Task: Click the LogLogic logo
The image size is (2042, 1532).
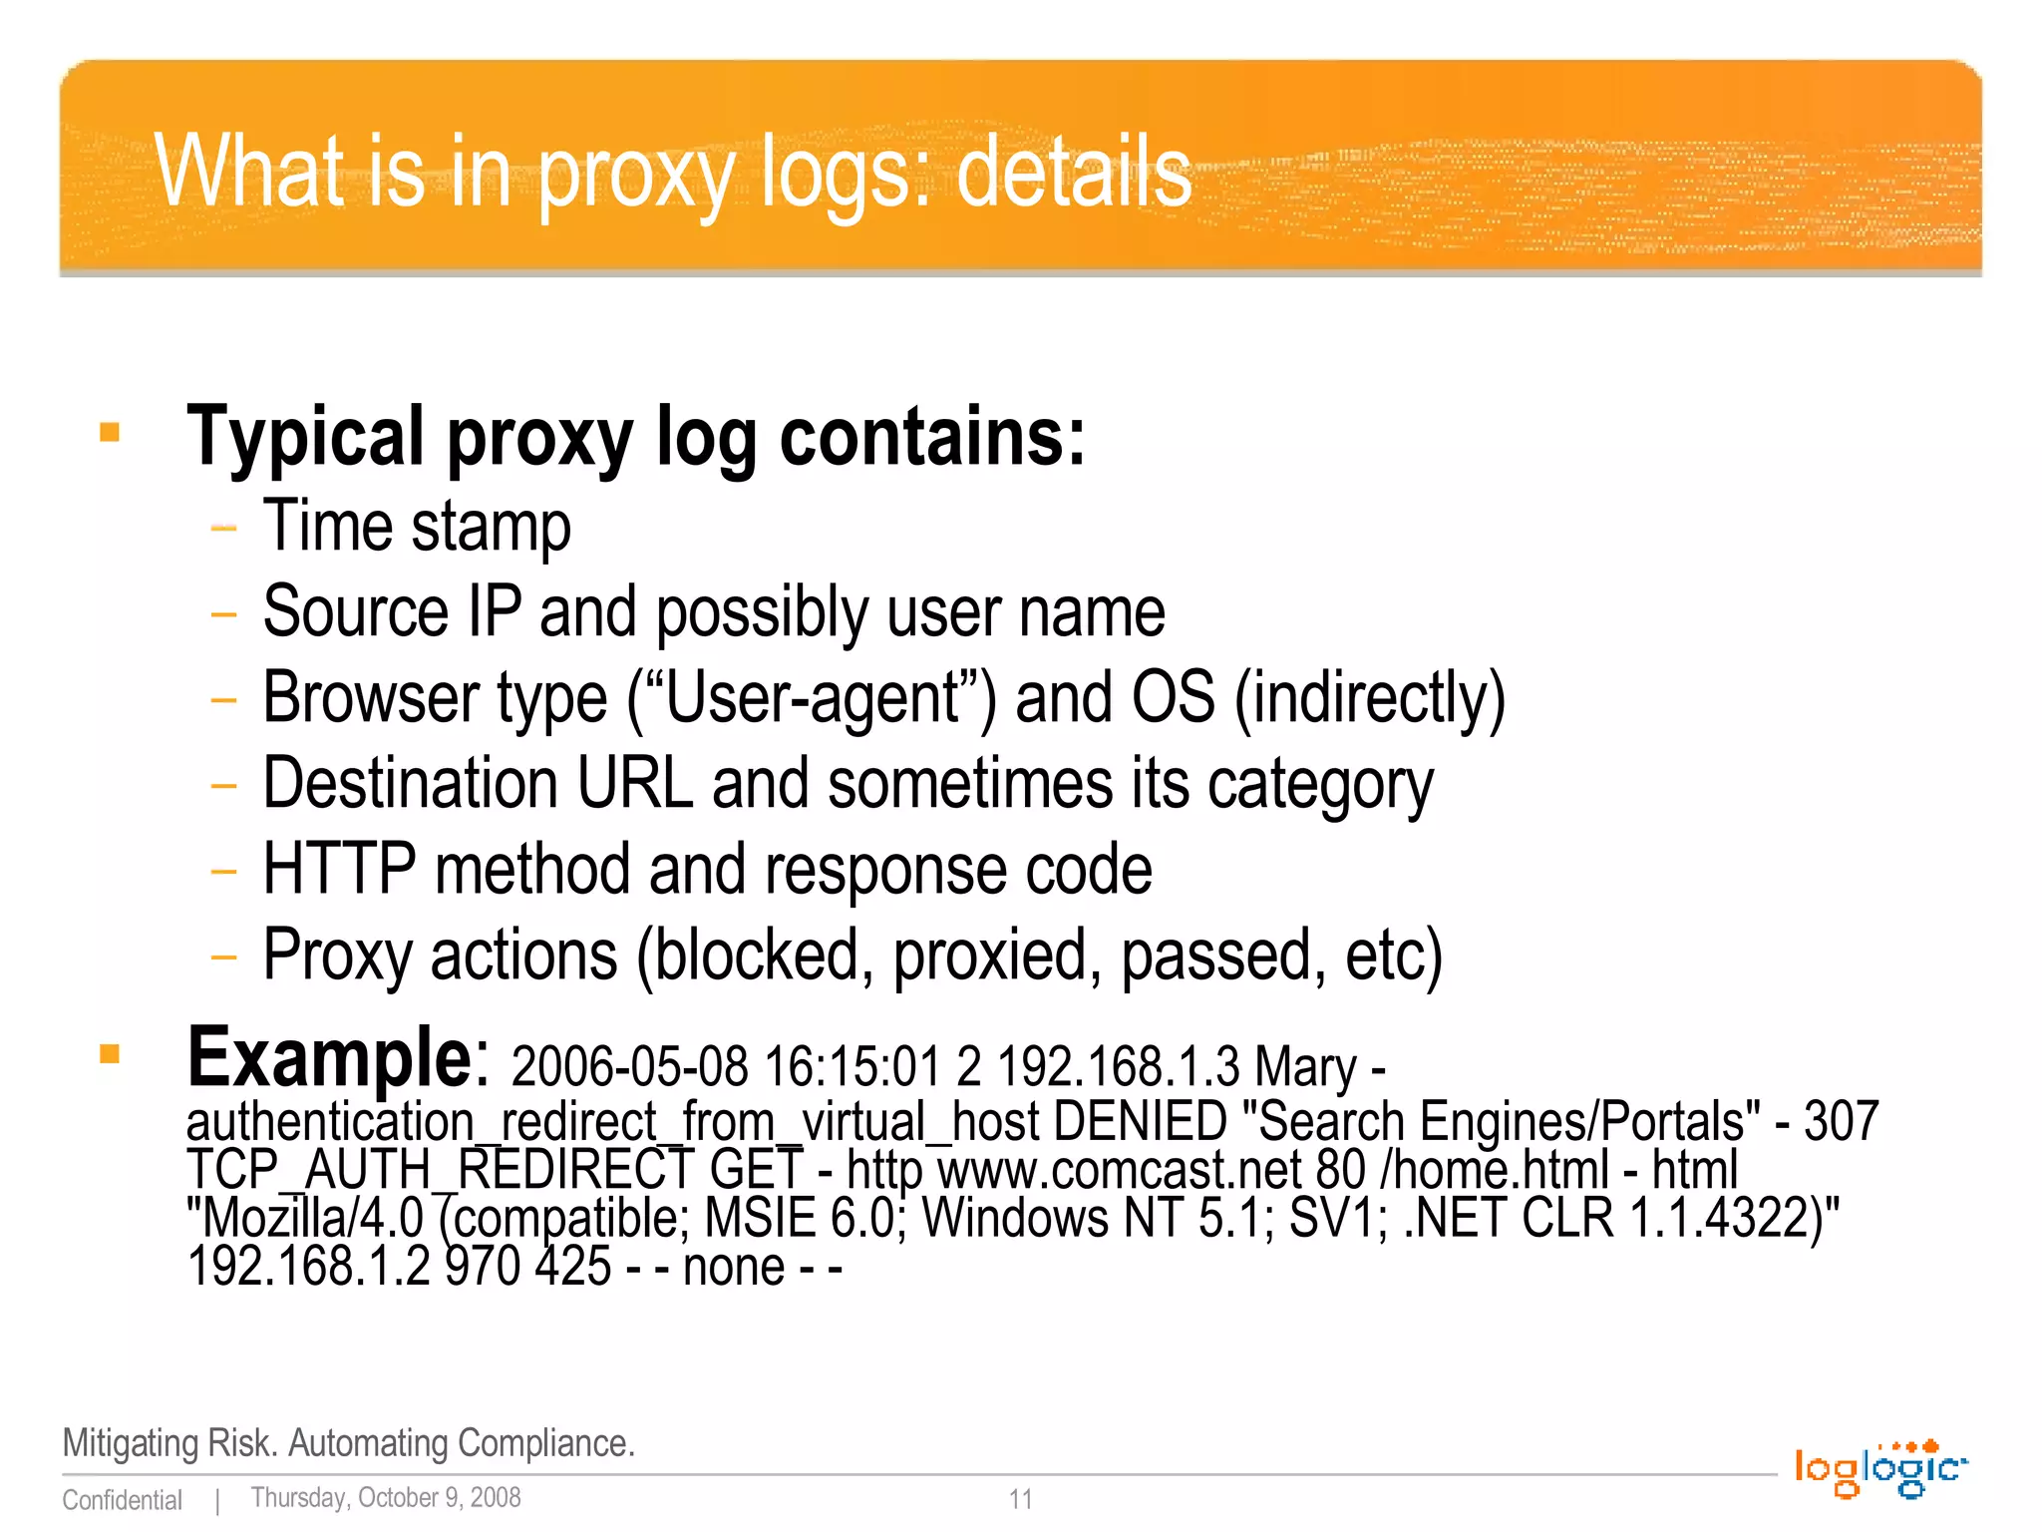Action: pos(1880,1469)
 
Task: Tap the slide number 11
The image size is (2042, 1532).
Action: pos(1020,1498)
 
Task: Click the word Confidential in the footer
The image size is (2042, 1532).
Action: pos(122,1500)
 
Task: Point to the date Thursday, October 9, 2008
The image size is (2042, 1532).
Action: pos(386,1497)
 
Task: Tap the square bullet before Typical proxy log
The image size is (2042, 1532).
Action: pos(110,433)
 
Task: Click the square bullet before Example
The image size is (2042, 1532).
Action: pos(110,1054)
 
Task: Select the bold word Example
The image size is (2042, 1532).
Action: pos(337,1057)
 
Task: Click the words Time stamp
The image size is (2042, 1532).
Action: pos(417,526)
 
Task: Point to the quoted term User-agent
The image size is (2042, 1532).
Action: pos(811,697)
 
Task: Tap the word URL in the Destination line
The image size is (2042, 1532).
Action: pos(634,783)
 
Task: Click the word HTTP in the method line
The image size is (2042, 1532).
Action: pos(339,869)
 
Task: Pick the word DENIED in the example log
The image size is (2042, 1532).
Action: pos(1139,1121)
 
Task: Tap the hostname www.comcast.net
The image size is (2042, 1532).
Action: pos(1120,1169)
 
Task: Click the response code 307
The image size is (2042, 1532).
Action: pos(1841,1121)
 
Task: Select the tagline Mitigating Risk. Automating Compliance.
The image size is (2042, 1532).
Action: pos(348,1443)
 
